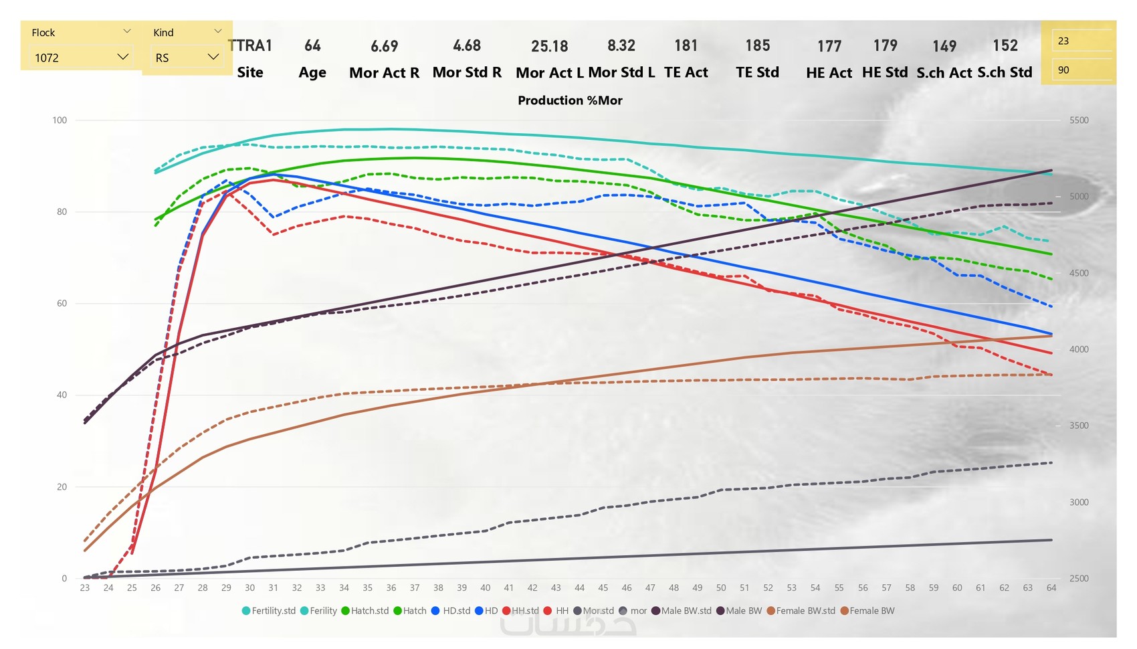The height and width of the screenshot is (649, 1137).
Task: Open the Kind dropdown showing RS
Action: [187, 58]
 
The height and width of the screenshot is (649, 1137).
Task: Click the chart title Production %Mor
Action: [570, 100]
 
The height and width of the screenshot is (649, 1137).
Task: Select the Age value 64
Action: [312, 45]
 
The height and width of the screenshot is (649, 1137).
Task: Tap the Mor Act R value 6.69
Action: [384, 46]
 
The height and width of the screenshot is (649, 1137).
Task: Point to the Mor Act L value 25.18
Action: [549, 46]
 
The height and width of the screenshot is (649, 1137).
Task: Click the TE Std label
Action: [757, 72]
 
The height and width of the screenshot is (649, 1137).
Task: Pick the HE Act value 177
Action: [829, 46]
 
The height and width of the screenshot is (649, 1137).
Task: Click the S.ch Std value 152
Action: [1005, 45]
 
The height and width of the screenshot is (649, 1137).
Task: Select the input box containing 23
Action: [1080, 41]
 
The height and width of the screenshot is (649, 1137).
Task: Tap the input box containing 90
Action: [1080, 70]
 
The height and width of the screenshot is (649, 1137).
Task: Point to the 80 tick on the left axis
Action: [62, 211]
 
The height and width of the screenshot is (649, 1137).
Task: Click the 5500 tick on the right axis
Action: [1079, 120]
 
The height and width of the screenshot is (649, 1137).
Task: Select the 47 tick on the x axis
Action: [650, 587]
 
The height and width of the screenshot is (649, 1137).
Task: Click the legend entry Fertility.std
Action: [269, 611]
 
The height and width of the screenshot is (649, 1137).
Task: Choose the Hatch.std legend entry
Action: [365, 611]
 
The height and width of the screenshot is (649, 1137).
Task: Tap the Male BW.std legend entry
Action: [682, 611]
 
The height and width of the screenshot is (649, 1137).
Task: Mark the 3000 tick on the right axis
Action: [1079, 502]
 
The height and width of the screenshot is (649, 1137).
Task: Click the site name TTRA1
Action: [250, 45]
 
